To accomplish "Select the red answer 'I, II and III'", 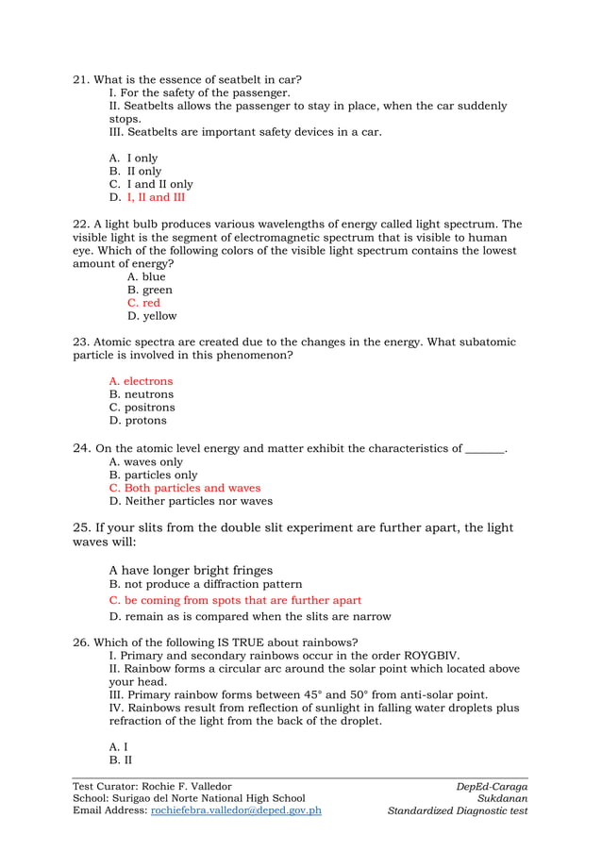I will point(156,198).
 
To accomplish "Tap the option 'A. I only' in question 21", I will point(134,159).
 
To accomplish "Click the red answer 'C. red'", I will point(143,304).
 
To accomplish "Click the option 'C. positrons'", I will point(142,408).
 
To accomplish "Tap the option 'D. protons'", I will point(138,421).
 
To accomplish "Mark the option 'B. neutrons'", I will point(142,394).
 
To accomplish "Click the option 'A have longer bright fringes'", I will point(191,570).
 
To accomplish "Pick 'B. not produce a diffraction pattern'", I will point(206,585).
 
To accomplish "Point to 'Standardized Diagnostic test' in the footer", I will point(458,810).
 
